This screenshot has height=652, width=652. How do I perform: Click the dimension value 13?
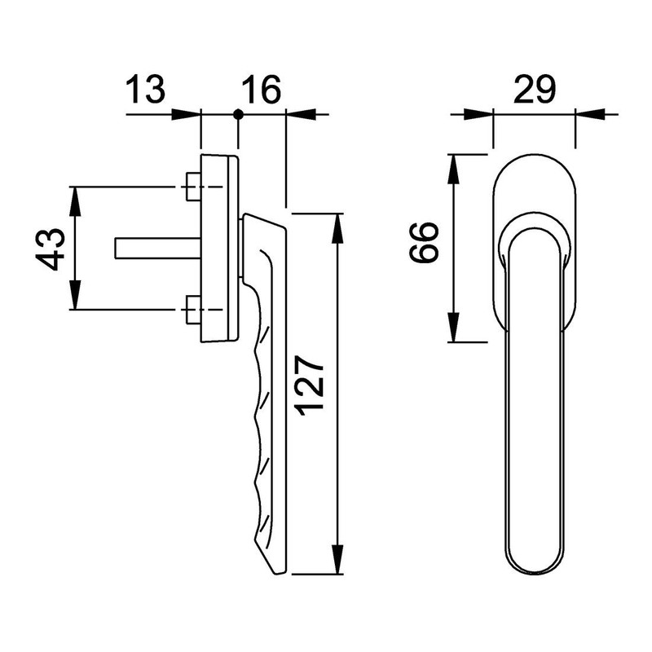pos(147,88)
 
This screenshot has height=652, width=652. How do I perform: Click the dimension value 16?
pos(261,88)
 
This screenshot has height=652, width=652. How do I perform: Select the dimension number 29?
pos(535,88)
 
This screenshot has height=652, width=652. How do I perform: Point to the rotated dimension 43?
pos(51,249)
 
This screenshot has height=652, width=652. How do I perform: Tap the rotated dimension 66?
pos(425,242)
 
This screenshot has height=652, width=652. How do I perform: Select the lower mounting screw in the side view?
pos(194,311)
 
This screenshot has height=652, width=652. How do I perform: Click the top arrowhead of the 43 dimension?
pos(75,199)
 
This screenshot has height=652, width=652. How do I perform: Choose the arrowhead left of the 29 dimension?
pos(484,114)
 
